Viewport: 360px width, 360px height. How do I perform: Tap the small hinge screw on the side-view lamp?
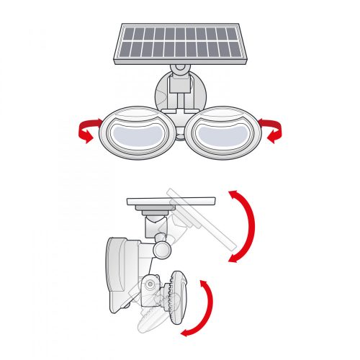pos(150,284)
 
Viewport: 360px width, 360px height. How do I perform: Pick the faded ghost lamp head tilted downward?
pos(155,310)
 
